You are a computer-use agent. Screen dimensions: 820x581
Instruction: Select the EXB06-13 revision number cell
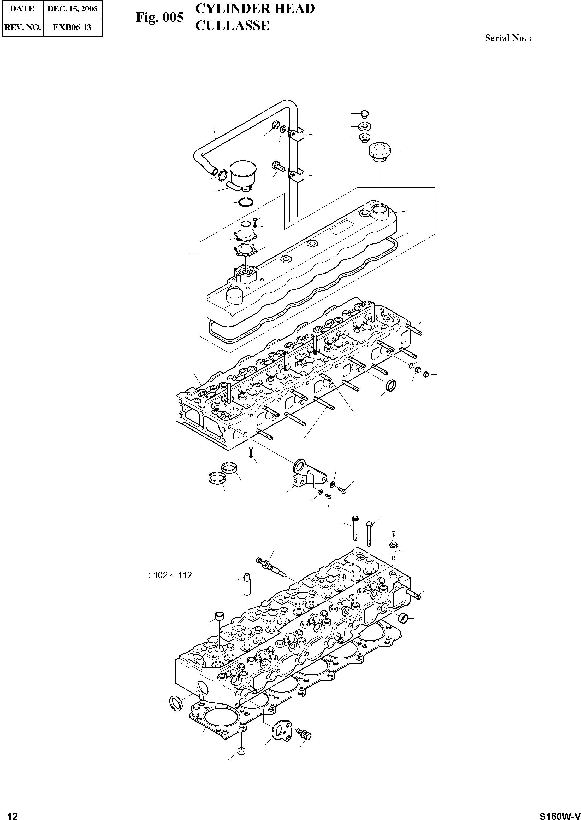(x=72, y=27)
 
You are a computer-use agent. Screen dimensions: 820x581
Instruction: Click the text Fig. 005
(x=159, y=17)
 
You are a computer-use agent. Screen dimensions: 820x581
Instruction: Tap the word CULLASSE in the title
(x=232, y=26)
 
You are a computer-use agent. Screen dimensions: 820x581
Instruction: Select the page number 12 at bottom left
(x=12, y=813)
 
